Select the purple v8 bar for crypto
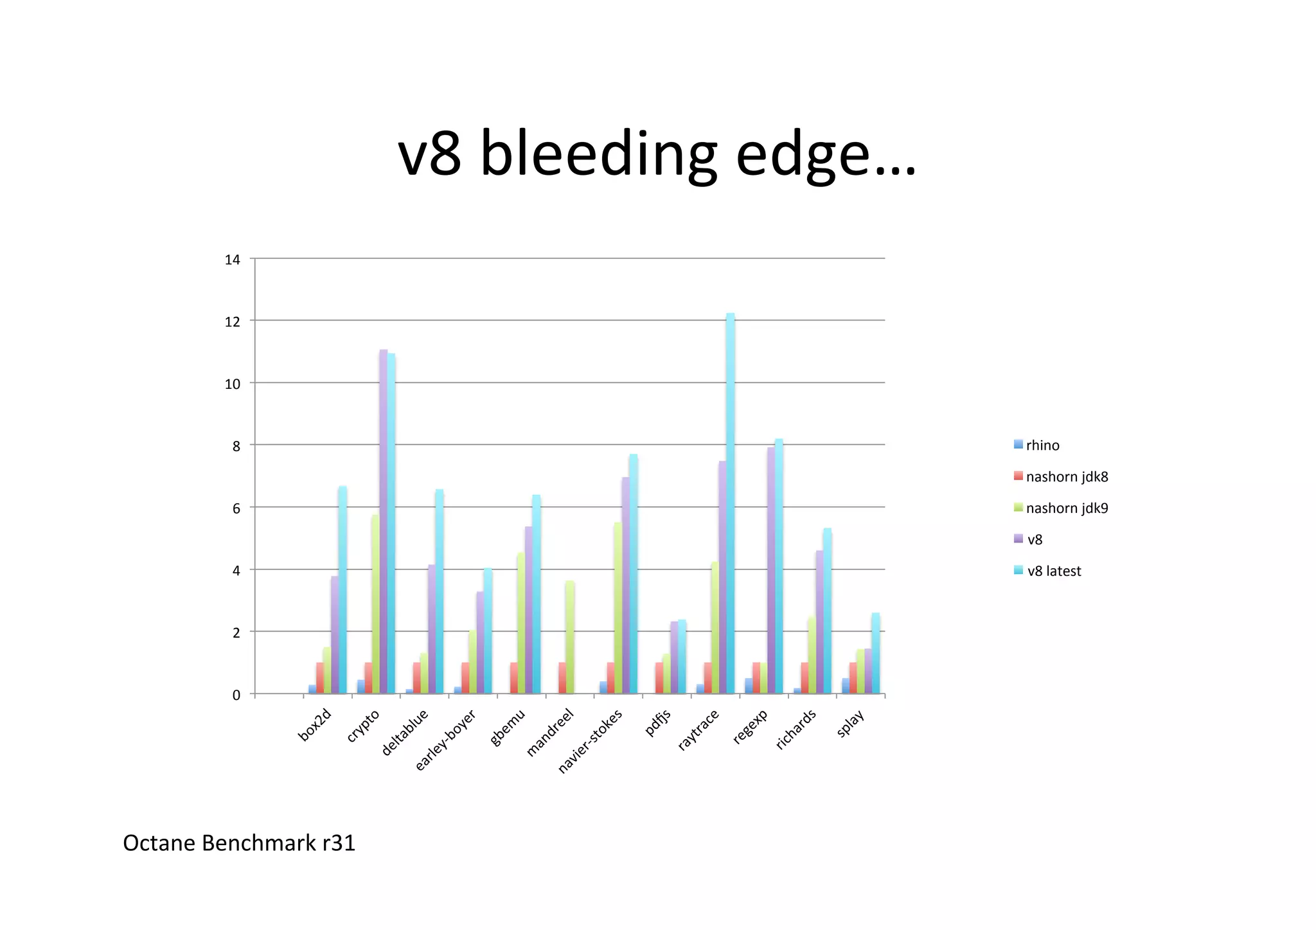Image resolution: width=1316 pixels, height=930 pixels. [x=384, y=521]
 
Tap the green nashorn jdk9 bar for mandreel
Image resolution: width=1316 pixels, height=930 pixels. [x=569, y=637]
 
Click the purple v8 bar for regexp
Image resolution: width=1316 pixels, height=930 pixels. [x=770, y=570]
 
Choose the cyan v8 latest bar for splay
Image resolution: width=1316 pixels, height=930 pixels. [x=875, y=653]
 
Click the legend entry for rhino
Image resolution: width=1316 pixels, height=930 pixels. [x=1042, y=445]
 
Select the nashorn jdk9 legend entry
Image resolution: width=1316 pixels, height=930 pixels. [x=1066, y=508]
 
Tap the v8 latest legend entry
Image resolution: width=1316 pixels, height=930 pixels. [x=1053, y=571]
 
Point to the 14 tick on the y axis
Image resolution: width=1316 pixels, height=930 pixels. [x=233, y=260]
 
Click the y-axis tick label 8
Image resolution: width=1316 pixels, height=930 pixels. [x=236, y=446]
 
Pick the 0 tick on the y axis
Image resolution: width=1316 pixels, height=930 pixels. [x=236, y=695]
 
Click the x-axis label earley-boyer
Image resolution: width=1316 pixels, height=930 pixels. [x=445, y=740]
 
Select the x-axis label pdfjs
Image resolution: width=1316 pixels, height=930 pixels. [x=658, y=723]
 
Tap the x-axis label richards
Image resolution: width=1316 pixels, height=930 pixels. [x=796, y=729]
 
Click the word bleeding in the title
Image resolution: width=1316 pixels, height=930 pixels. [x=598, y=154]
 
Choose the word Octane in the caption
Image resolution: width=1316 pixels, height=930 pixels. [x=159, y=843]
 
